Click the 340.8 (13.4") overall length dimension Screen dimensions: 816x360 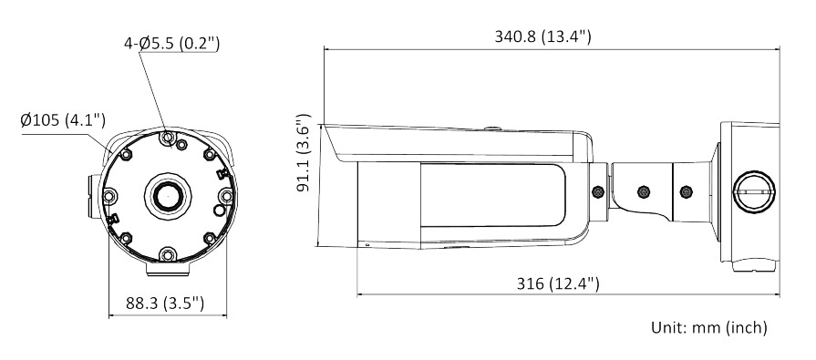point(542,36)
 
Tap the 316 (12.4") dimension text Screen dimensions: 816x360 point(558,283)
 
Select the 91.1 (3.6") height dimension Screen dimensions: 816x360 point(304,152)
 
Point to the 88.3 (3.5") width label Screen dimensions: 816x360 point(165,303)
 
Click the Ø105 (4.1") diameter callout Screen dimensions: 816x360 point(63,120)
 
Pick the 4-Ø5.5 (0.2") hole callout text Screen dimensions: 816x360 point(171,43)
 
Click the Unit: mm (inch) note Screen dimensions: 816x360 point(708,327)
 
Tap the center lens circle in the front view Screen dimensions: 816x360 point(168,196)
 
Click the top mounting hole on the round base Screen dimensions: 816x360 point(167,138)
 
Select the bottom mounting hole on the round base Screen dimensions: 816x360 point(167,255)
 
